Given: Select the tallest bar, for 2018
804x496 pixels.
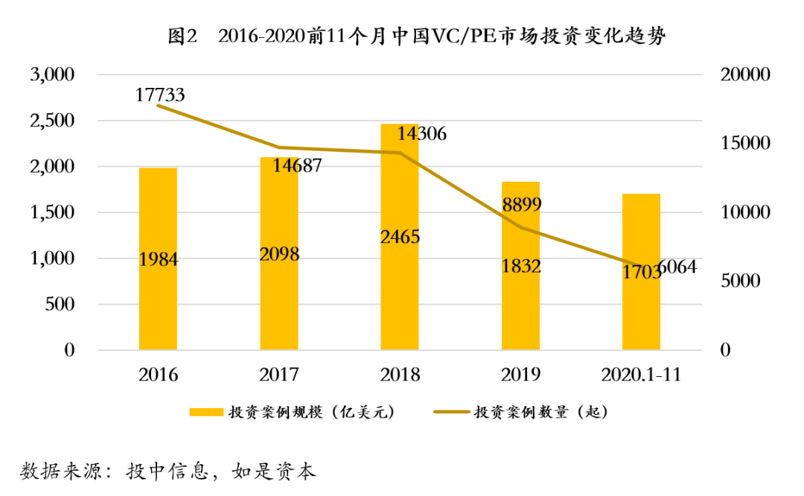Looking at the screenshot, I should click(x=400, y=298).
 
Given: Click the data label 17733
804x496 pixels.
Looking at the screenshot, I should click(x=160, y=95).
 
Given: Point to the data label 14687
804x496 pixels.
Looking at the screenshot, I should click(x=296, y=165).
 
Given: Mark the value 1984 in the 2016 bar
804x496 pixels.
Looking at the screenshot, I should click(x=159, y=259).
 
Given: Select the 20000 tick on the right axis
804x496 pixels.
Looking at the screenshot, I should click(x=745, y=74).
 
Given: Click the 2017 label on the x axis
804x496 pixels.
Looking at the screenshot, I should click(x=279, y=374).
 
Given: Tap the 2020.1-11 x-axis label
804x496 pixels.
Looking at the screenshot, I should click(x=641, y=374).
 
